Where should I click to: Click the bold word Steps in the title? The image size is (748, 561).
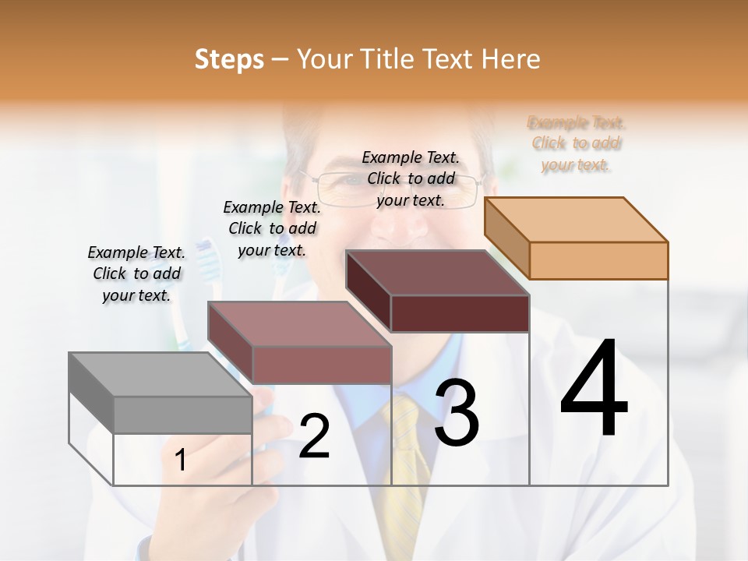tap(228, 59)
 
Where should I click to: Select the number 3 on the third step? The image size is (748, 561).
tap(457, 413)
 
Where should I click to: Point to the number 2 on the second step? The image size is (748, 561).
tap(314, 436)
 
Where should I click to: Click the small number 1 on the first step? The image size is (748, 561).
tap(181, 460)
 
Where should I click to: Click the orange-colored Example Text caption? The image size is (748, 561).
tap(576, 143)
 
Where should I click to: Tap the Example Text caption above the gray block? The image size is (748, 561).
tap(136, 273)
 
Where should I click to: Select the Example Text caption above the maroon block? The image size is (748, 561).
tap(411, 178)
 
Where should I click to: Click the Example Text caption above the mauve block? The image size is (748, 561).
tap(272, 228)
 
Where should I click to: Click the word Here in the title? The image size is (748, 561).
tap(511, 59)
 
